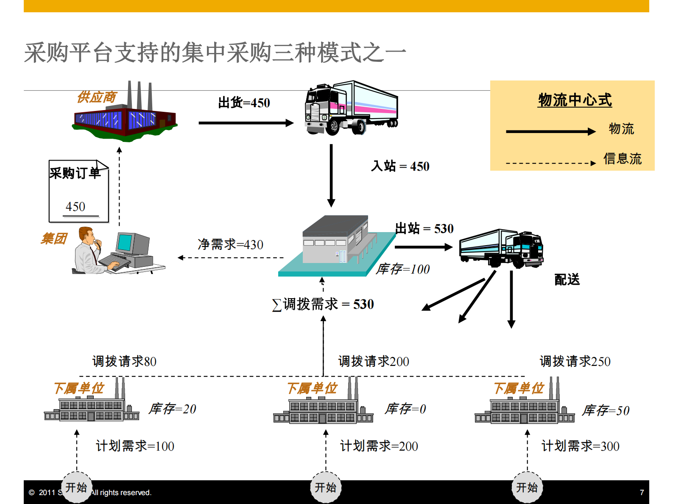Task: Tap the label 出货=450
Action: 244,103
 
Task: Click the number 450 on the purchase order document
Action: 75,207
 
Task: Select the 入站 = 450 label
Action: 400,166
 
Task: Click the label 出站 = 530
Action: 424,229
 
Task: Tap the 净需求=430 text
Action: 230,244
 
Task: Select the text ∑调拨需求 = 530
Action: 323,304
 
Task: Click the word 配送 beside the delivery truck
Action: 567,280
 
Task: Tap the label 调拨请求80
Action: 124,361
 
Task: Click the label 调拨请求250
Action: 575,361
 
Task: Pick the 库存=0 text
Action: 405,409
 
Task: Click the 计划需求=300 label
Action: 581,446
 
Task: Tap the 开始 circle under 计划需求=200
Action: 326,487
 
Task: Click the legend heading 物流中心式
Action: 575,100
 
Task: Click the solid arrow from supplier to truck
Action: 246,123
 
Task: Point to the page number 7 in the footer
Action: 642,492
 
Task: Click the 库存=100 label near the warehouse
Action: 403,269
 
